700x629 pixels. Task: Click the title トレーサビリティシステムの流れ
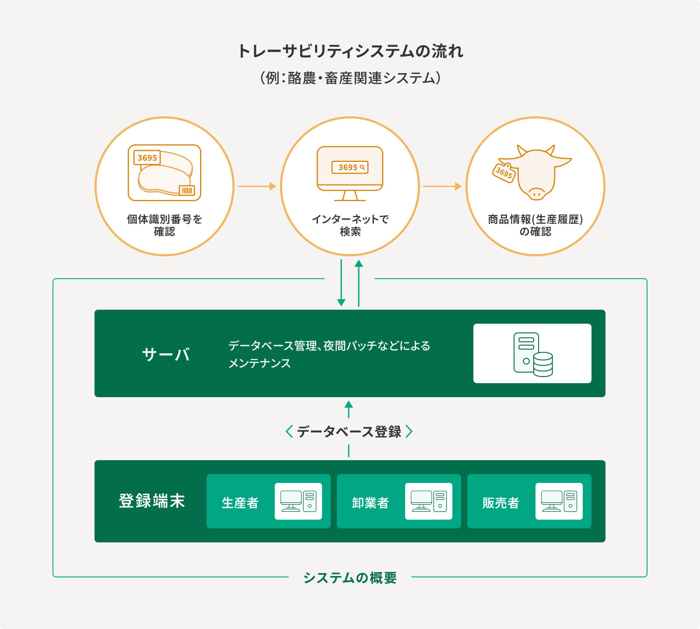[350, 51]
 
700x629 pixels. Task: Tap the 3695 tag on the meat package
[147, 158]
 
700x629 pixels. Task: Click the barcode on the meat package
[187, 190]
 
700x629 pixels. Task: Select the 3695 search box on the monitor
[350, 167]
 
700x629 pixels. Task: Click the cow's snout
[536, 193]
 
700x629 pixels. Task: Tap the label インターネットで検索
[350, 225]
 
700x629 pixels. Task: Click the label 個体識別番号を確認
[164, 225]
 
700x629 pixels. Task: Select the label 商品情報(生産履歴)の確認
[535, 225]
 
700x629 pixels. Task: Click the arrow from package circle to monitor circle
[257, 186]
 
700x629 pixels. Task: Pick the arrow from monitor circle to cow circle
[442, 186]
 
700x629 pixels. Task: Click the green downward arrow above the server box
[341, 283]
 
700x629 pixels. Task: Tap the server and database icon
[533, 354]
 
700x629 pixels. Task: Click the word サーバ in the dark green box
[166, 354]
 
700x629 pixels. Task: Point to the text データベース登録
[349, 432]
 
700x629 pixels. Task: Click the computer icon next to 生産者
[298, 501]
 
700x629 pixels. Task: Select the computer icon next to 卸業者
[428, 501]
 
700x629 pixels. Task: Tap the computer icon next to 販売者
[559, 501]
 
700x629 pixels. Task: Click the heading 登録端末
[152, 501]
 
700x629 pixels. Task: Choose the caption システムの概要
[350, 578]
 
